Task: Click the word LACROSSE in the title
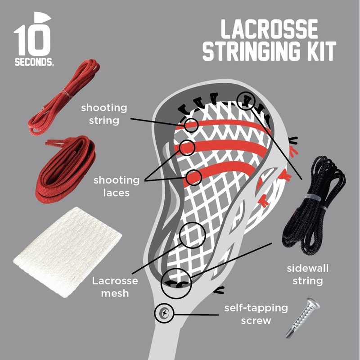[x=269, y=31]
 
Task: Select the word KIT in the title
[x=320, y=52]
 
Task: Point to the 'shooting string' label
[x=104, y=114]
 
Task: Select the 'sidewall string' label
[x=308, y=275]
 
